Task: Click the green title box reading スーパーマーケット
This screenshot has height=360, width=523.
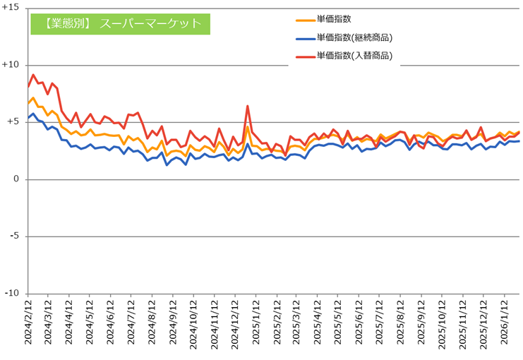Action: (120, 23)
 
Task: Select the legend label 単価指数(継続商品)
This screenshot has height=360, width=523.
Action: (354, 37)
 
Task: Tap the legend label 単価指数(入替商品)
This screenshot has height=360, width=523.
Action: (354, 55)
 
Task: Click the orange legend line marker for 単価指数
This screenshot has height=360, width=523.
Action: (305, 20)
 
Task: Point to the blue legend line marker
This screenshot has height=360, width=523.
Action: (305, 37)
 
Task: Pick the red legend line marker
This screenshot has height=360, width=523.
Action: (305, 55)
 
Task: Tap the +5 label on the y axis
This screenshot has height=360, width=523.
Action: (14, 122)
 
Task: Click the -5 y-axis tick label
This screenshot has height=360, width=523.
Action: (16, 236)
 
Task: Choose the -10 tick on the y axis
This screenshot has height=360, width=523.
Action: (13, 294)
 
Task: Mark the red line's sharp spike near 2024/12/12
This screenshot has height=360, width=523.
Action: (248, 106)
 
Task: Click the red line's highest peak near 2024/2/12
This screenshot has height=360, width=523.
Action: (33, 75)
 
